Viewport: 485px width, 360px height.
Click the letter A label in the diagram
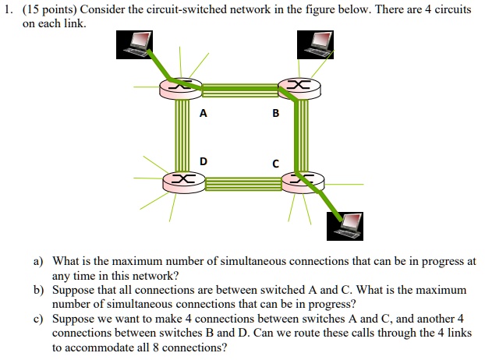(x=204, y=113)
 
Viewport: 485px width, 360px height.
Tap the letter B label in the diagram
(x=275, y=113)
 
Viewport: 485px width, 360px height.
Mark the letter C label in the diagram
(x=275, y=164)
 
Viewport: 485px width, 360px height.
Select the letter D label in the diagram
(x=204, y=161)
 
